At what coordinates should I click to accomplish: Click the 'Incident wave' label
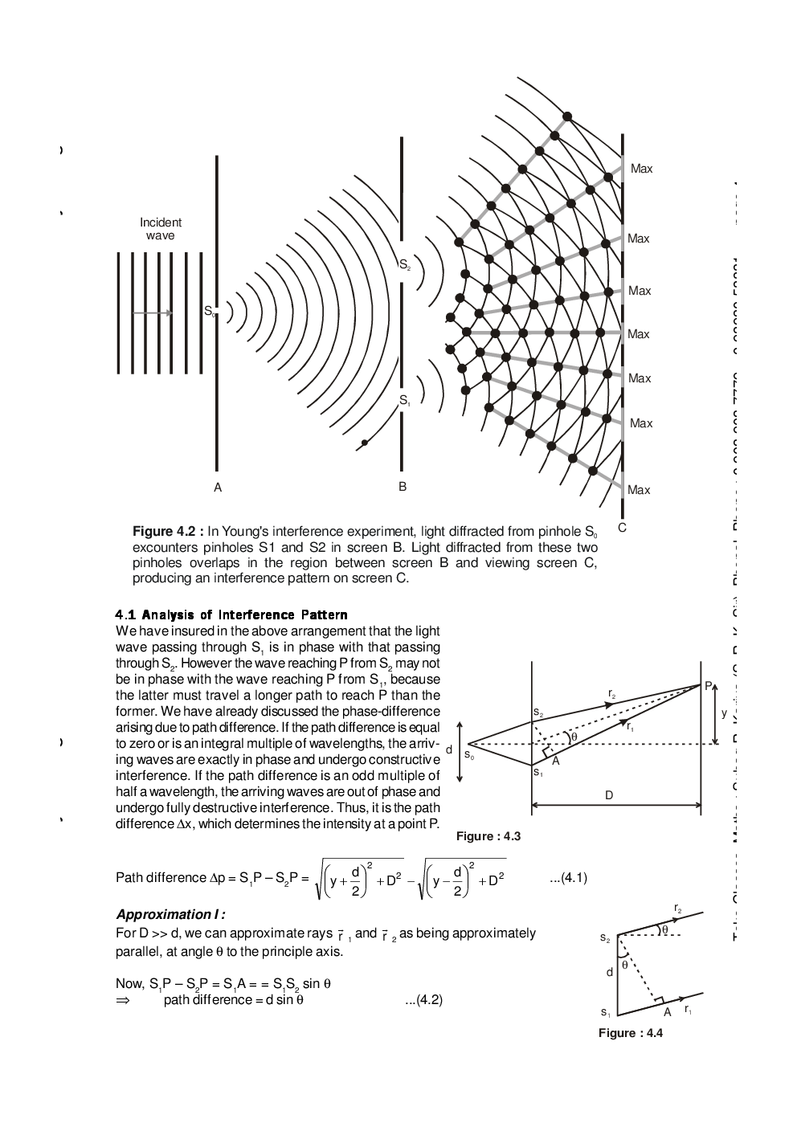click(161, 228)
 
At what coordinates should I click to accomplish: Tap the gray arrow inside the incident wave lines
click(153, 313)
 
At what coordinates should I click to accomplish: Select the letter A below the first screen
click(217, 487)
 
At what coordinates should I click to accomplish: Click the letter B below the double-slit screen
click(403, 487)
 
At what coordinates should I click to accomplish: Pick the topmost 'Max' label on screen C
click(641, 169)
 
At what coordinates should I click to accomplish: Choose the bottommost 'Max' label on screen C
click(639, 489)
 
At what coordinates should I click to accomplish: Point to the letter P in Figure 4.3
click(708, 685)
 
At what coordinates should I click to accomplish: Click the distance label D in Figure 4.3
click(609, 794)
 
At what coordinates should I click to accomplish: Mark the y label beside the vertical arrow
click(724, 713)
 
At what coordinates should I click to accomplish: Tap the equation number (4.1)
click(569, 878)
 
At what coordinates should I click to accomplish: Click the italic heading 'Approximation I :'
click(170, 914)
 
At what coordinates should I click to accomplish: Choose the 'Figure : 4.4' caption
click(630, 1033)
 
